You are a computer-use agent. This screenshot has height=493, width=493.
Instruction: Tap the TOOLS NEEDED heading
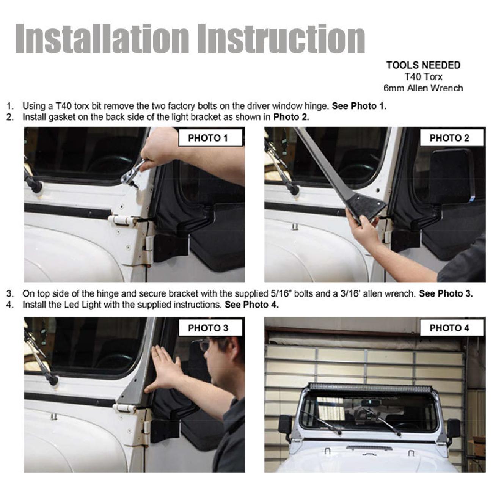click(423, 66)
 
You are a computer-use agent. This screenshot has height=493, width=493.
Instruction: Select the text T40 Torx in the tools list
click(423, 77)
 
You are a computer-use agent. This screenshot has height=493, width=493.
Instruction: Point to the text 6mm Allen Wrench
click(423, 88)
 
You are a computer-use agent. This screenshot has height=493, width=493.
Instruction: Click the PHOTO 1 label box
click(210, 138)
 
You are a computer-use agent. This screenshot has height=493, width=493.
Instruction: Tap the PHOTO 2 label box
click(452, 138)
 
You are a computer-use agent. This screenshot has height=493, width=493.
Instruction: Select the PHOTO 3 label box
click(210, 328)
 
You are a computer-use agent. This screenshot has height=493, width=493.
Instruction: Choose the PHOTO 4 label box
click(452, 328)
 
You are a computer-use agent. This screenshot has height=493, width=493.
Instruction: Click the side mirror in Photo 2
click(452, 176)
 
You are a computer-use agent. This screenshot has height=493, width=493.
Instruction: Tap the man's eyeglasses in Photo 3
click(205, 345)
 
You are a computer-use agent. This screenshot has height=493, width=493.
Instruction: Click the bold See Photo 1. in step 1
click(359, 106)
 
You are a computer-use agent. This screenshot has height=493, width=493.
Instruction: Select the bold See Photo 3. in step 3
click(446, 294)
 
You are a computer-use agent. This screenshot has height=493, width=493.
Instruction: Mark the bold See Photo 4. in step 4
click(251, 305)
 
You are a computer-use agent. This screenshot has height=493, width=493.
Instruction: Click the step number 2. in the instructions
click(10, 117)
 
